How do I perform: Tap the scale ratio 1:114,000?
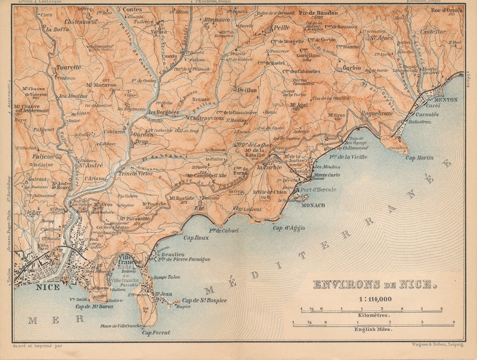[x=375, y=299]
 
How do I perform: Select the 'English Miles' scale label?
[x=373, y=329]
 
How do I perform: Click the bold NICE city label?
[x=48, y=287]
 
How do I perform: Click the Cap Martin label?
[x=419, y=157]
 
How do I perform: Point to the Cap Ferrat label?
[x=156, y=332]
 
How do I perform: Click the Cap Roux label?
[x=196, y=237]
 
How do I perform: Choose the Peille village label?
[x=281, y=28]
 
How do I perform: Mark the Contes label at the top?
[x=132, y=10]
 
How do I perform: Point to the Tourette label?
[x=68, y=67]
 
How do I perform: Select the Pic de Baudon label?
[x=318, y=13]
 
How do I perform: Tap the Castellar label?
[x=433, y=31]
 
